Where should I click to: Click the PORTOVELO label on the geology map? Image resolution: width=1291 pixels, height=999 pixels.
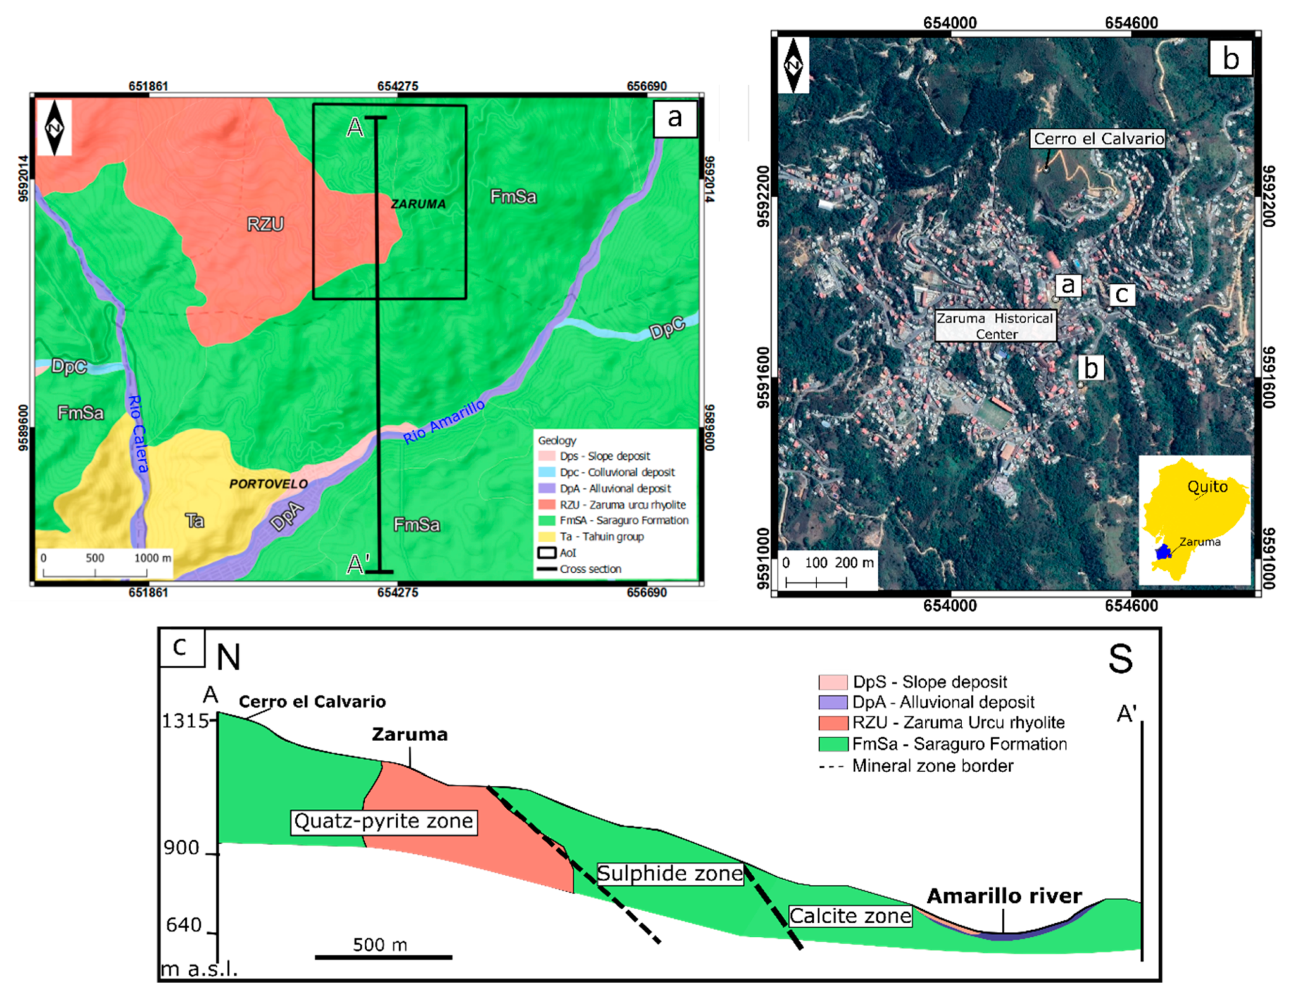coord(268,484)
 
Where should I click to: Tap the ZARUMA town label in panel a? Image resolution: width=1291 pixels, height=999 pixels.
coord(418,204)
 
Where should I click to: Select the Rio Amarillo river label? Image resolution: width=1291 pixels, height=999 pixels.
coord(444,421)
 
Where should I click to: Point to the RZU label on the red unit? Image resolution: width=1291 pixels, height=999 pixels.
coord(265,224)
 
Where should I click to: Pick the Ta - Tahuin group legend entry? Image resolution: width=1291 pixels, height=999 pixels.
coord(601,537)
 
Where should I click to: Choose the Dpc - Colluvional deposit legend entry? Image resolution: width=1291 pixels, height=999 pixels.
coord(617,472)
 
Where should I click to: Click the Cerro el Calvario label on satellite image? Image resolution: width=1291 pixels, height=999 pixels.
coord(1098,139)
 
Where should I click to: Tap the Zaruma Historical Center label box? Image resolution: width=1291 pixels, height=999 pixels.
coord(995,326)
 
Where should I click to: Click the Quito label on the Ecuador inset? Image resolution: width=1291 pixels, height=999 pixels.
coord(1207,486)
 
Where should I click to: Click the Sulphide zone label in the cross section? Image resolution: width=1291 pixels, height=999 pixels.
coord(670,874)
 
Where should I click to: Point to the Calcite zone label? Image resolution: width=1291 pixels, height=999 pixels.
coord(850,916)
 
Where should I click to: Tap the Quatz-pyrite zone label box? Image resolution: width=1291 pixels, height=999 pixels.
coord(384,821)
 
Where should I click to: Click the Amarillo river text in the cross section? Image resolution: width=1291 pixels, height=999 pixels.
coord(1004,896)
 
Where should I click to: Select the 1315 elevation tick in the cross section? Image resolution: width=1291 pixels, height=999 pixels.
coord(185,721)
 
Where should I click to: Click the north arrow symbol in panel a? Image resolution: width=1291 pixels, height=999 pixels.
coord(56,128)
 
